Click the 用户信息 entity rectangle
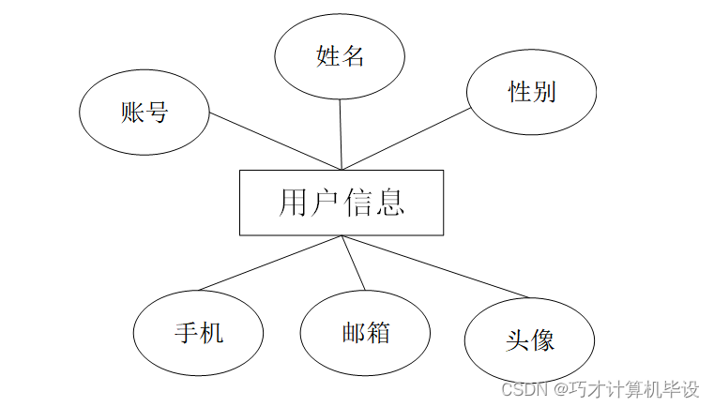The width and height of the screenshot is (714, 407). pyautogui.click(x=342, y=203)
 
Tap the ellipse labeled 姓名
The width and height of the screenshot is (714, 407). pyautogui.click(x=340, y=56)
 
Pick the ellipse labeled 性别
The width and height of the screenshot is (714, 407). pyautogui.click(x=532, y=91)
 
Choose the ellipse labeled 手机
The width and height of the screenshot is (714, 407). pyautogui.click(x=199, y=333)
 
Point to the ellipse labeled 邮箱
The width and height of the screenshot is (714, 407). pyautogui.click(x=365, y=333)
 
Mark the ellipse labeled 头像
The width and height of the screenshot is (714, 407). pyautogui.click(x=529, y=339)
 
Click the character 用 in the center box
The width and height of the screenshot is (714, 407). pyautogui.click(x=294, y=203)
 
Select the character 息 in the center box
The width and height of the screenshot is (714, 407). pyautogui.click(x=390, y=203)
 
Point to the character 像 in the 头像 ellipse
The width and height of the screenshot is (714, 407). pyautogui.click(x=542, y=339)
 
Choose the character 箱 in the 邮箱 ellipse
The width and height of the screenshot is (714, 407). pyautogui.click(x=378, y=333)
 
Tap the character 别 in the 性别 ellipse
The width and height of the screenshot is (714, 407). pyautogui.click(x=544, y=91)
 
